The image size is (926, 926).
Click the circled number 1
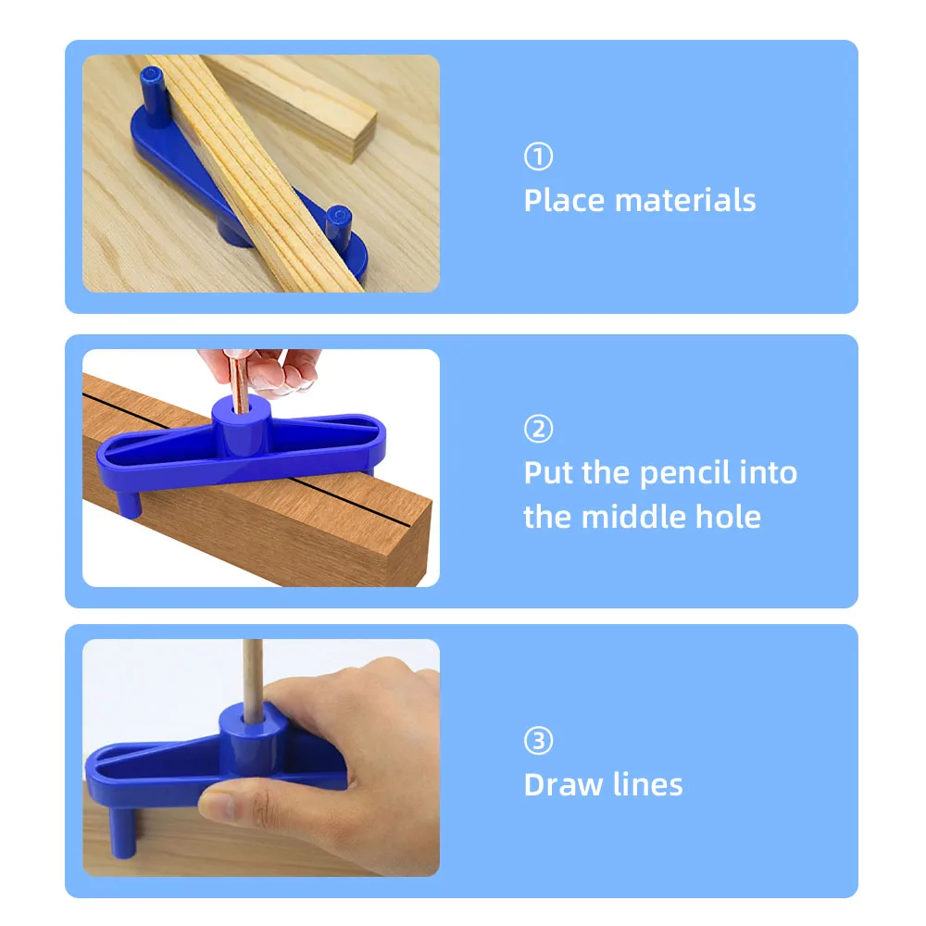tap(538, 156)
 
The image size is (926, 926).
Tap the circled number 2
tap(538, 429)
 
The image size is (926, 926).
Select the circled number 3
tap(538, 741)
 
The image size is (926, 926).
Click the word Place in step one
tap(564, 200)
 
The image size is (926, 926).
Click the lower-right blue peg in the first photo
tap(338, 223)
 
